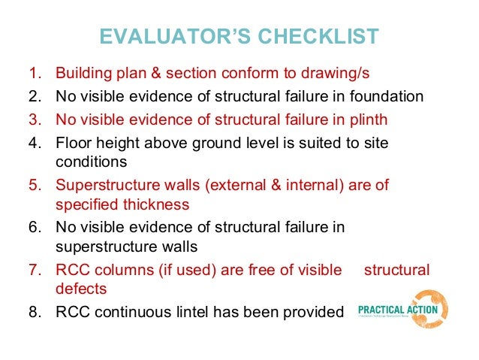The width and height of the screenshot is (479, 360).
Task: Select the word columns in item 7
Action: (117, 269)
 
